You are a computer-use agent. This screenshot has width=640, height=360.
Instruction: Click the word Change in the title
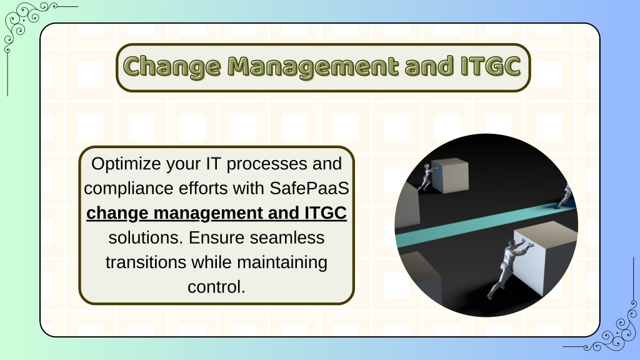(x=171, y=67)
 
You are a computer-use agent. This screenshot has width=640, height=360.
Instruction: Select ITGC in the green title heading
(x=491, y=66)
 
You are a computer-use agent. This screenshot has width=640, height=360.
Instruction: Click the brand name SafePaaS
(x=309, y=188)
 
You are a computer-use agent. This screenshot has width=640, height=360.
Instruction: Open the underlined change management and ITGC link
(x=216, y=214)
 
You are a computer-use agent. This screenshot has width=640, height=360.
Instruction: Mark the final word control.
(x=216, y=287)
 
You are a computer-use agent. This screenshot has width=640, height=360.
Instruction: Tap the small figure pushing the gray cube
(x=426, y=177)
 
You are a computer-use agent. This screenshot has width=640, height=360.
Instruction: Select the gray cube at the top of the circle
(x=450, y=175)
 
